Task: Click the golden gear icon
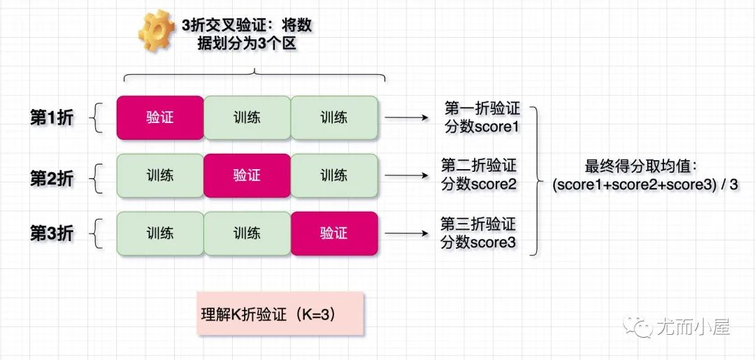coord(155,31)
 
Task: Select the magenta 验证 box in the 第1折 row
coord(160,117)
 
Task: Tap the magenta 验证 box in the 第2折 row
coord(247,174)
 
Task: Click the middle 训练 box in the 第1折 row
coord(247,117)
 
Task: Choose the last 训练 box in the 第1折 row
coord(333,117)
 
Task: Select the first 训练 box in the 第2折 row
coord(160,174)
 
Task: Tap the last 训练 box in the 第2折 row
coord(333,174)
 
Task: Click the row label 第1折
coord(51,117)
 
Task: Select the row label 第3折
coord(51,233)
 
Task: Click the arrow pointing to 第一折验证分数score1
coord(405,117)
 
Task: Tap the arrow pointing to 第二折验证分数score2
coord(405,175)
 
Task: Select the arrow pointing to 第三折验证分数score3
coord(405,232)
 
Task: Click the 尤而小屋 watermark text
coord(692,326)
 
